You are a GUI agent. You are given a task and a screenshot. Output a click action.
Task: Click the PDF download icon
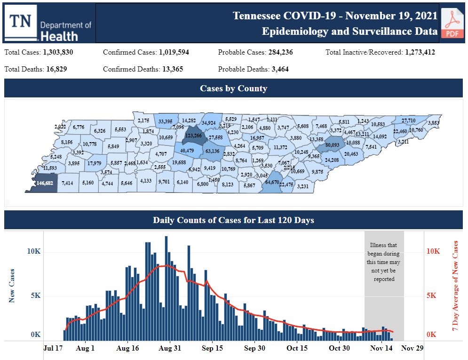click(452, 23)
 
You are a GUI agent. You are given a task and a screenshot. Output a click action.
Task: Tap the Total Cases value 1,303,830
click(58, 52)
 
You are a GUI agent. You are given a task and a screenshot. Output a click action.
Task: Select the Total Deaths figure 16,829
click(56, 69)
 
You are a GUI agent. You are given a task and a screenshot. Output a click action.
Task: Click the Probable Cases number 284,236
click(274, 52)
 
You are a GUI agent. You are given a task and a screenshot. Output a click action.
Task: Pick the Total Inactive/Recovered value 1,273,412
click(420, 52)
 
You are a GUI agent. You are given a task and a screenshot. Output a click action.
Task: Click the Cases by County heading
click(233, 88)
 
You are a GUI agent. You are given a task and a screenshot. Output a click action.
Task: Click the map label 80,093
click(332, 145)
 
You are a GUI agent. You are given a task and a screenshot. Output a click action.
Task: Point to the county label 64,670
click(273, 182)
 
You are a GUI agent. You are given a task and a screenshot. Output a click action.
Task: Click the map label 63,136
click(212, 151)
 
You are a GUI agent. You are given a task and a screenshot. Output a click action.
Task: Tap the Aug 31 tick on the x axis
click(170, 349)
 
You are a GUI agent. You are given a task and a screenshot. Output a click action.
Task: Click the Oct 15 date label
click(297, 349)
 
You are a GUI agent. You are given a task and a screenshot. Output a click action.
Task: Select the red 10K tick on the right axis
click(433, 251)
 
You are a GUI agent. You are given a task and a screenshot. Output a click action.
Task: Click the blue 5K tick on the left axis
click(34, 296)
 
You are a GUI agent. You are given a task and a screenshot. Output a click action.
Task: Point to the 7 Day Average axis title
click(455, 286)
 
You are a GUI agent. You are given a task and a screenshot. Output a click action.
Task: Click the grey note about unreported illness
click(384, 262)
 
